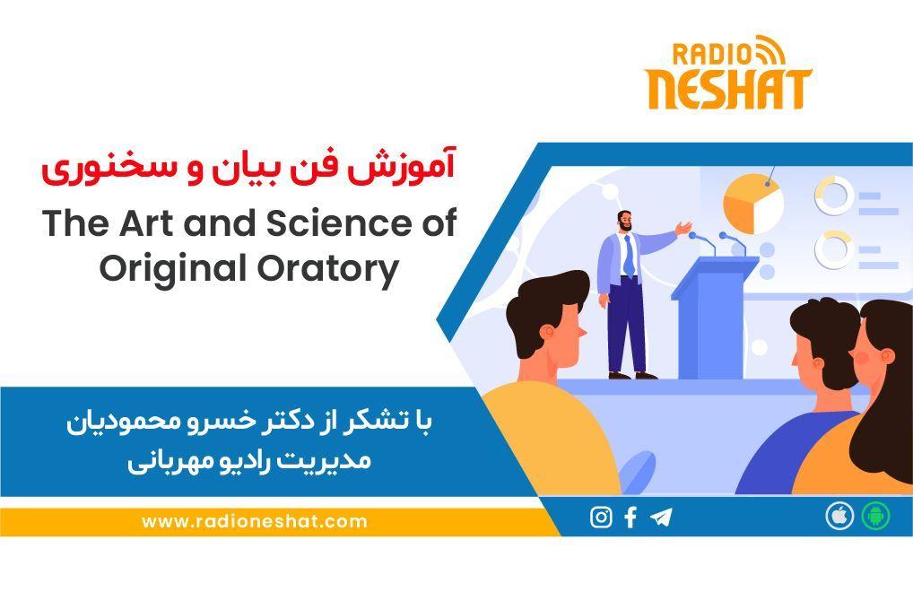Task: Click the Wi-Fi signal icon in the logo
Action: pos(770,49)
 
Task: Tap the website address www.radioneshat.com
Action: pos(254,521)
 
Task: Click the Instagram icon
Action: pos(601,518)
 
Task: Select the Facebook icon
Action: pos(630,518)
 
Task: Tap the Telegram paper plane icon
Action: pos(661,518)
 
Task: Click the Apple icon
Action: pos(839,517)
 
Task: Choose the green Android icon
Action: pos(875,517)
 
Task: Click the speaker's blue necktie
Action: pos(629,255)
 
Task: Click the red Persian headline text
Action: pos(248,168)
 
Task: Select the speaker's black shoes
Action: pos(632,375)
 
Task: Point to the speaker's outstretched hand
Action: pos(685,226)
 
